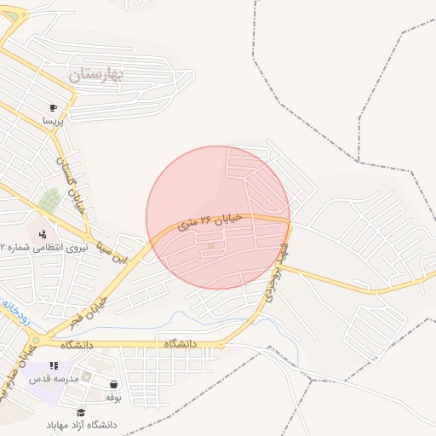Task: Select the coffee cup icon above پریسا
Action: pos(53,108)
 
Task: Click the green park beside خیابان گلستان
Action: pos(49,201)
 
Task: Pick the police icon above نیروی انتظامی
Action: pos(43,233)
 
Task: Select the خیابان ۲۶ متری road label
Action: pos(210,223)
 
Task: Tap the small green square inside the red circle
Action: pos(211,247)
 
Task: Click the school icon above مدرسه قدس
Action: pos(54,365)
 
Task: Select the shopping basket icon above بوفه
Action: pos(114,385)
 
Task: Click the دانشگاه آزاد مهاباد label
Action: pos(83,425)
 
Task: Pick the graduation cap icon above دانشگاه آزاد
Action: pos(81,412)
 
